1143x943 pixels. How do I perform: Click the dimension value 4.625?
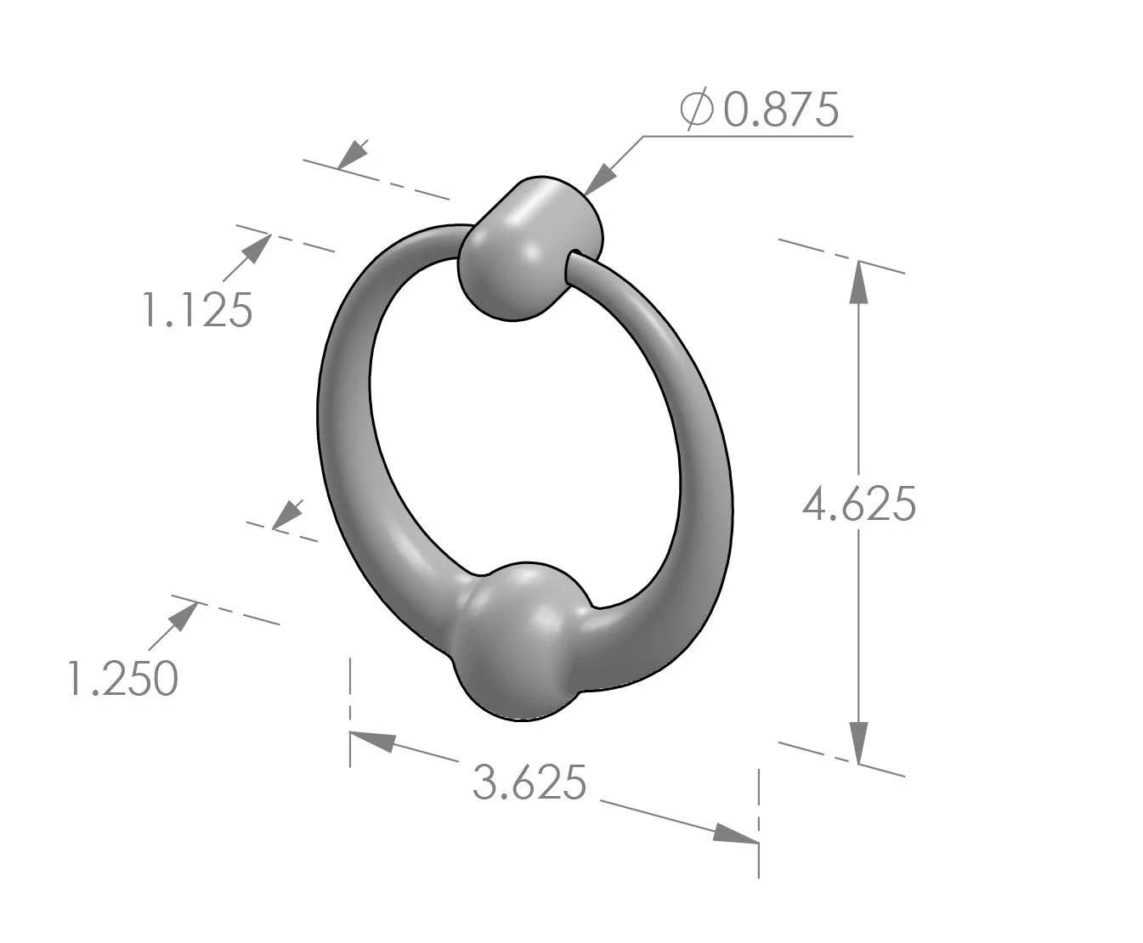[859, 505]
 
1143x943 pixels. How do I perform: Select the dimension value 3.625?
[529, 782]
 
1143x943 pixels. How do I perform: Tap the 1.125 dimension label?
[196, 310]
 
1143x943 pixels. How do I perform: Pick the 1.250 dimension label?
[122, 679]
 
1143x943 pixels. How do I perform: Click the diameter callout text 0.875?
[780, 110]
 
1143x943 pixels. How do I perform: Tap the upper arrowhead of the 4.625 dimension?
[858, 280]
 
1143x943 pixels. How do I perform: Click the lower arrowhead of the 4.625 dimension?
[858, 743]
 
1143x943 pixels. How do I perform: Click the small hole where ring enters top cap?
[573, 256]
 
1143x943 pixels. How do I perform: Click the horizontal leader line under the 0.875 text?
[748, 135]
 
